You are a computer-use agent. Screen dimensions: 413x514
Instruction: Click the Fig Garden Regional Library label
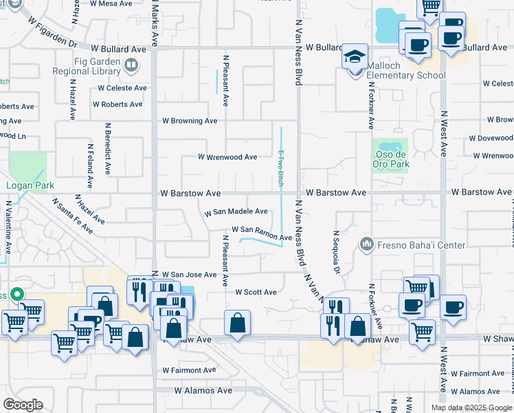[x=90, y=66]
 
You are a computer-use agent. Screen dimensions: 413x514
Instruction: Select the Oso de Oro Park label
[x=391, y=160]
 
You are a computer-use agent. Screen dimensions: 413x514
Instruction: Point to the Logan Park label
[x=25, y=185]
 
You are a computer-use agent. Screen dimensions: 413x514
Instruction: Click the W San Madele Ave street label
[x=236, y=212]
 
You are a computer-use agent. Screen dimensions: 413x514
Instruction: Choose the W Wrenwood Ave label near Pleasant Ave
[x=227, y=157]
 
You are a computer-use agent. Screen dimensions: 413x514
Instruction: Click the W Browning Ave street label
[x=190, y=120]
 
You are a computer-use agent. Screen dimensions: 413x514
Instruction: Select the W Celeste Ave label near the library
[x=122, y=88]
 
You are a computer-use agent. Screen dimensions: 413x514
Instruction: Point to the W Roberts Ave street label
[x=118, y=104]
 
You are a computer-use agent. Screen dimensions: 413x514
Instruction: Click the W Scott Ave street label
[x=256, y=292]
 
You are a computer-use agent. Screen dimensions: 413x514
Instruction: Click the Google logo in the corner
[x=23, y=405]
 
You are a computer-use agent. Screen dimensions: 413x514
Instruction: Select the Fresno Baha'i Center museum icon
[x=366, y=244]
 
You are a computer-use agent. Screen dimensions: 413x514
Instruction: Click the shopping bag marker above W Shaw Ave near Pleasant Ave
[x=237, y=324]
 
